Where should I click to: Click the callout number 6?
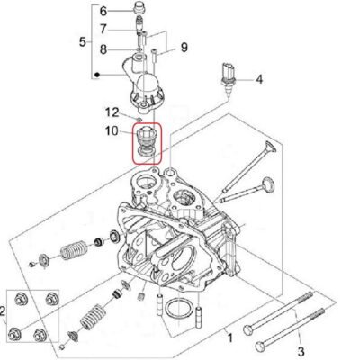pos(103,12)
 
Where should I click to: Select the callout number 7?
pos(103,30)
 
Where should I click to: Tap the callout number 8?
pos(103,49)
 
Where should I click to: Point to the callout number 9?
pos(184,47)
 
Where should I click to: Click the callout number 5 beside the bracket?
pos(83,41)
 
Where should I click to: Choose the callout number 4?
pos(259,79)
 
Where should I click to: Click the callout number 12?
pos(112,112)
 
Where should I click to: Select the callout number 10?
pos(112,130)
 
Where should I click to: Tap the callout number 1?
pos(230,338)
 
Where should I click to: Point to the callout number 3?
pos(301,351)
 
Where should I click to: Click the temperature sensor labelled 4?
pos(229,78)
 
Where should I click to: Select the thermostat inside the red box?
pos(147,143)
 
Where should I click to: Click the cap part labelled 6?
pos(139,7)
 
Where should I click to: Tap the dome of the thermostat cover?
pos(148,83)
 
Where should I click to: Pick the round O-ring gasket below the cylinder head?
pos(179,308)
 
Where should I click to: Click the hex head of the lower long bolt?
pos(260,346)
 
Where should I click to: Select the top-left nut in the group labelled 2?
pos(21,299)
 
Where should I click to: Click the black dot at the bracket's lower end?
pos(96,75)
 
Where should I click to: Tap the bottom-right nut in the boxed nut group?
pos(40,334)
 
